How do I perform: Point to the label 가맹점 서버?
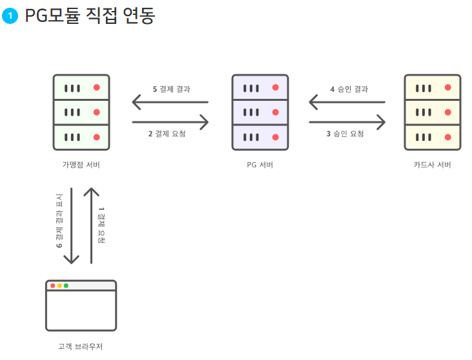(x=81, y=165)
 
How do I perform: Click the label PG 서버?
(x=260, y=165)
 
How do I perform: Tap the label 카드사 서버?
(x=432, y=165)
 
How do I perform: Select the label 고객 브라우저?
(x=81, y=346)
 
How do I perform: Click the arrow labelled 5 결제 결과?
(x=170, y=101)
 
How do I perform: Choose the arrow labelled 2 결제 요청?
(x=170, y=122)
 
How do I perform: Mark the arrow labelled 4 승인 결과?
(x=347, y=101)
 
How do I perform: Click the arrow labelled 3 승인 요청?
(x=347, y=122)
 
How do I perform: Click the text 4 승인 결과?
(x=349, y=89)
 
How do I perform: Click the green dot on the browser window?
(x=66, y=286)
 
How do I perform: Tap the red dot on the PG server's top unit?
(x=275, y=87)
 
